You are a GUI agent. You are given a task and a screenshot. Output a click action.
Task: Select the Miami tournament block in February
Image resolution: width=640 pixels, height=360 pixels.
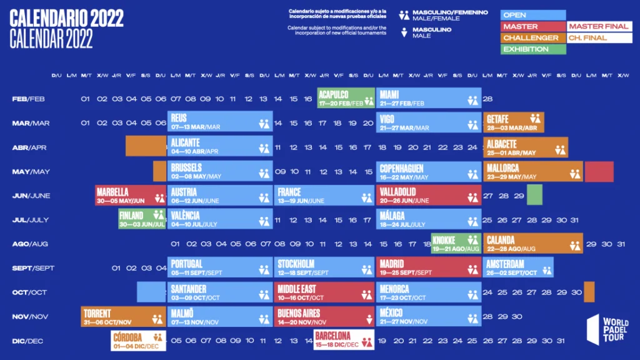coord(429,98)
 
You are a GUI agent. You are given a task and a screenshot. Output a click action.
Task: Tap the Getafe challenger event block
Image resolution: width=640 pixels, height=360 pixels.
coord(513,122)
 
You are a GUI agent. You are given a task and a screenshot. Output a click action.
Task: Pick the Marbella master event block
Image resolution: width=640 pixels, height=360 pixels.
coord(131,195)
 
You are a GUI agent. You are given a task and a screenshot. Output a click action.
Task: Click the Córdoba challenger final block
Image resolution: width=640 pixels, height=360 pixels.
coord(138,341)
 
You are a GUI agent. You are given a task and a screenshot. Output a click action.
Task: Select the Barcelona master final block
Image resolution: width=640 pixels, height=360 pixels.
coord(344,341)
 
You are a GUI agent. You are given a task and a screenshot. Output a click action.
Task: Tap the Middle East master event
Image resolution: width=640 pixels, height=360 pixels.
coord(324,292)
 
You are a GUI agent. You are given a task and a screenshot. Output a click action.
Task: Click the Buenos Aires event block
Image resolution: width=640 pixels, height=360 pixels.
coord(324,316)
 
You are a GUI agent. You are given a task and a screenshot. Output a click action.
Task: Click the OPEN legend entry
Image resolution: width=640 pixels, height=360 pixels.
coord(533,15)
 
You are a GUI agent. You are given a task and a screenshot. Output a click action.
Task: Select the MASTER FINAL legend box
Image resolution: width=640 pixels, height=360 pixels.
coord(599,27)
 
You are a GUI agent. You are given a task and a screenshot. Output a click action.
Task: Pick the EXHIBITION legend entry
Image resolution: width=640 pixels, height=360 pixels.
coord(533,49)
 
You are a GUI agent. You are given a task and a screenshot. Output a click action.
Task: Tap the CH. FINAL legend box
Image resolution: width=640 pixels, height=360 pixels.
coord(599,38)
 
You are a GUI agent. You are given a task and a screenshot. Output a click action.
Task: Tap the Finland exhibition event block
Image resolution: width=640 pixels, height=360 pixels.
coord(142,219)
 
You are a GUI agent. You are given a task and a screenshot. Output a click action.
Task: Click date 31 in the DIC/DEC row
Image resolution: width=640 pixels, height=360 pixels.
coord(561,341)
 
